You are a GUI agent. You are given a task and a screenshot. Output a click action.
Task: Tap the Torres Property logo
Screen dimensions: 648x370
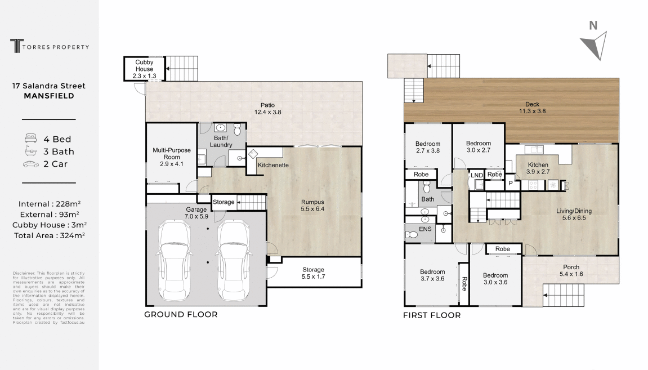click(x=50, y=46)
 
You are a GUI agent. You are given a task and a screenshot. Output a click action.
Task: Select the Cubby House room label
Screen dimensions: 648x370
click(x=144, y=69)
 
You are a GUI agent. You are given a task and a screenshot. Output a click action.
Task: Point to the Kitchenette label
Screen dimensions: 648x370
click(x=273, y=165)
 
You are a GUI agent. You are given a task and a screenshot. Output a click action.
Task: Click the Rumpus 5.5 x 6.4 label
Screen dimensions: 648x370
click(x=312, y=206)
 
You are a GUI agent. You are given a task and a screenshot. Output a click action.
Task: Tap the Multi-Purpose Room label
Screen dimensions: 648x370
click(x=172, y=157)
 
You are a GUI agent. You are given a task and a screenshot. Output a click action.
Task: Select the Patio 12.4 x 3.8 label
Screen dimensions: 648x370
click(x=268, y=108)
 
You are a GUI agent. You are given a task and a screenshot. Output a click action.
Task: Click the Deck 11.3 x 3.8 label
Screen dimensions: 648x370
click(x=532, y=108)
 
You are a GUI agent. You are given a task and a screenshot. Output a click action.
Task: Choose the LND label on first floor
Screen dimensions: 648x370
click(x=477, y=175)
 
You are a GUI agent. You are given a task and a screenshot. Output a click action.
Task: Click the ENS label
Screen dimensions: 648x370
click(x=425, y=229)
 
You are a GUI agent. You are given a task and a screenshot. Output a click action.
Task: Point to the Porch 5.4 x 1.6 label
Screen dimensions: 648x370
click(x=571, y=270)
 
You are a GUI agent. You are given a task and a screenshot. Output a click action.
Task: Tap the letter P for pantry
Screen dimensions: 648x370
click(x=511, y=182)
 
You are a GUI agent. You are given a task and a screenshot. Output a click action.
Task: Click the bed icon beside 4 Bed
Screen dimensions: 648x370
click(x=30, y=138)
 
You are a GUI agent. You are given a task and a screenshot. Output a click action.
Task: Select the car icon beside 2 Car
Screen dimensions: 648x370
click(x=31, y=164)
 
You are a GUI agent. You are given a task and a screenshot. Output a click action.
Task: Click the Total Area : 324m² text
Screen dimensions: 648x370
click(x=50, y=235)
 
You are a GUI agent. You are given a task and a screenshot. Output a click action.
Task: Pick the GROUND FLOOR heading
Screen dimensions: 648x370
click(x=181, y=315)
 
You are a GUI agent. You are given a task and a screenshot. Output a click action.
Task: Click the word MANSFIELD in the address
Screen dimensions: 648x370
click(x=49, y=96)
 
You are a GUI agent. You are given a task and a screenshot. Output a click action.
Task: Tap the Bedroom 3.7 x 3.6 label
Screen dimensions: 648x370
click(x=433, y=275)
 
